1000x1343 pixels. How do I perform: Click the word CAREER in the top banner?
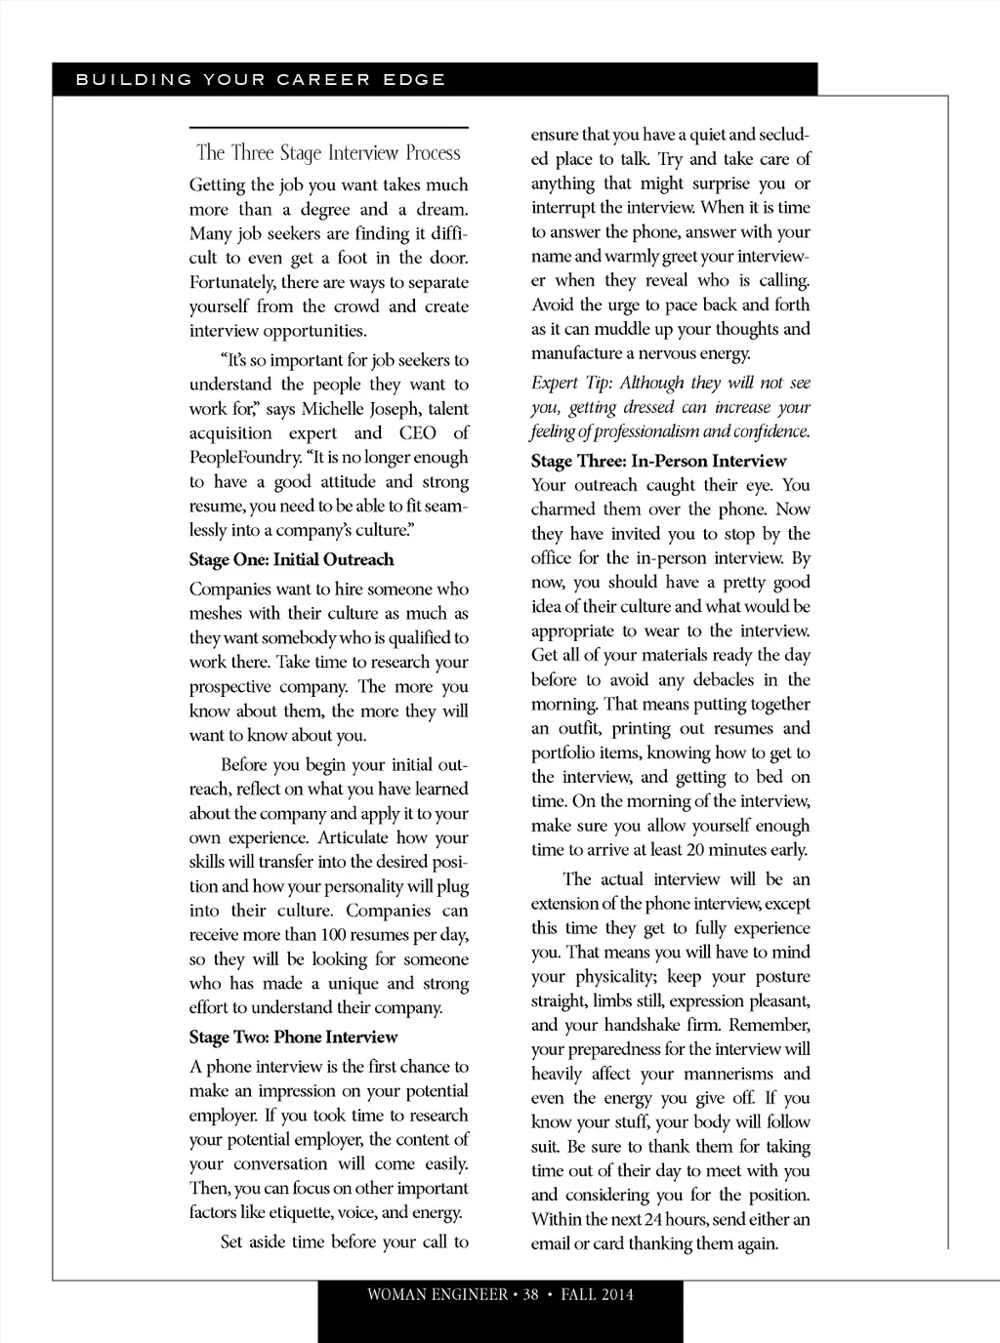pos(323,80)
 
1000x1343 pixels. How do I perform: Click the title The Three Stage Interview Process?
pos(328,153)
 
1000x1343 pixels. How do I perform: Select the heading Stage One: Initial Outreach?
pos(292,560)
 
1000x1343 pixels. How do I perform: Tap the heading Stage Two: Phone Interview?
pos(294,1038)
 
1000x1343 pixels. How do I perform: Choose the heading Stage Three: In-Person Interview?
pos(658,462)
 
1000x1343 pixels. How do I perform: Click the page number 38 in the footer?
pos(531,1295)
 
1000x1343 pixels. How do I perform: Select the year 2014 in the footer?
pos(617,1295)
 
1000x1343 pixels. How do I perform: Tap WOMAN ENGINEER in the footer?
pos(437,1295)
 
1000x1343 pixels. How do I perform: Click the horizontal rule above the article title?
pos(328,128)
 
